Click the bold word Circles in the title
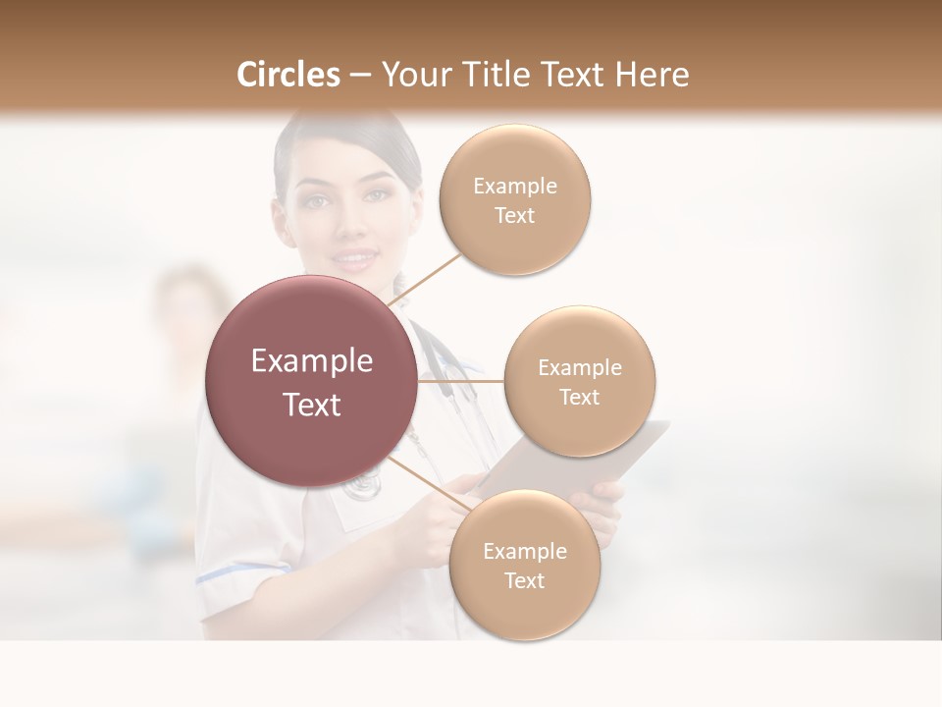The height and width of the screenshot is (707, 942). point(288,75)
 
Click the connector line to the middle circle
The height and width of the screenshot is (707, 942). point(461,380)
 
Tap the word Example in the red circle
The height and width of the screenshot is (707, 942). point(311,361)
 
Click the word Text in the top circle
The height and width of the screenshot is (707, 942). point(514,216)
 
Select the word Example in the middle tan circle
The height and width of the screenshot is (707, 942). point(580,368)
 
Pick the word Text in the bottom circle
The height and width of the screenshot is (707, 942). point(524,581)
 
